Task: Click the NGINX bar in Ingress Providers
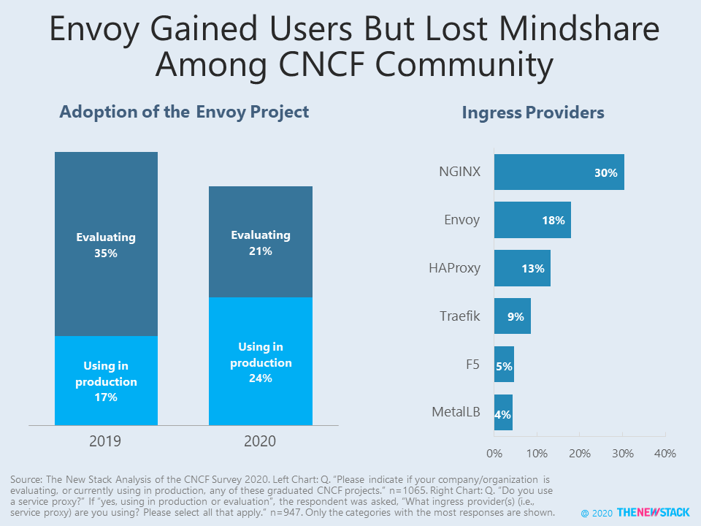(559, 172)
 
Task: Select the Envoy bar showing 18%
(532, 220)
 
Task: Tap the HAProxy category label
(454, 268)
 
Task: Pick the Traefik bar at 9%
(512, 316)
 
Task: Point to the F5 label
(472, 364)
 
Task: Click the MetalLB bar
(503, 412)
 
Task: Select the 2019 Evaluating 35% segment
(106, 244)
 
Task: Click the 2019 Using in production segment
(106, 381)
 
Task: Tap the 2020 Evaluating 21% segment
(261, 242)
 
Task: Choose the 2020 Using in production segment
(261, 361)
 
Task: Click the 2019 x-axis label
(106, 441)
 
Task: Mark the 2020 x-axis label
(261, 441)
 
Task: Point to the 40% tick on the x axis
(665, 454)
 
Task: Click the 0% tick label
(494, 454)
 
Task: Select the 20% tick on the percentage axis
(580, 454)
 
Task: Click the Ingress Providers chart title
(533, 113)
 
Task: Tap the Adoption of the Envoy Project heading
(184, 112)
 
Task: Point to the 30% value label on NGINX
(606, 173)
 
